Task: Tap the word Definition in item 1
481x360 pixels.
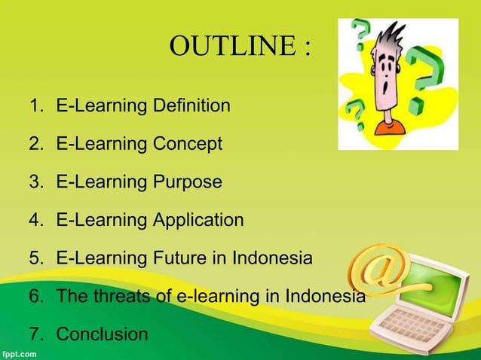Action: [x=191, y=105]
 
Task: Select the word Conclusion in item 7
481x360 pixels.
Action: [x=103, y=334]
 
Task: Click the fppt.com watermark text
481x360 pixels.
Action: [x=20, y=352]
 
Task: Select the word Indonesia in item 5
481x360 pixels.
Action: [x=274, y=258]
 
